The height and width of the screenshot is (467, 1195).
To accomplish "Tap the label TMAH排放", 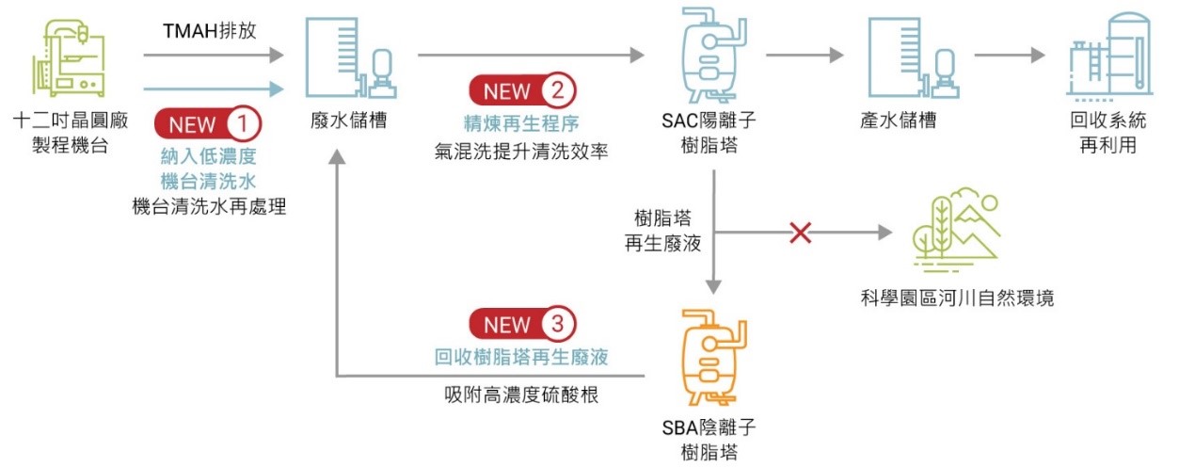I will click(211, 32).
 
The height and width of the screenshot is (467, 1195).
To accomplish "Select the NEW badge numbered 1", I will click(208, 123).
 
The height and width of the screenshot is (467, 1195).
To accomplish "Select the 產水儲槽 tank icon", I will click(908, 56).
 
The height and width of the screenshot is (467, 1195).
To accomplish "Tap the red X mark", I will click(800, 233).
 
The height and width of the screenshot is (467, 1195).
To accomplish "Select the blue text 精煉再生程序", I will click(520, 123).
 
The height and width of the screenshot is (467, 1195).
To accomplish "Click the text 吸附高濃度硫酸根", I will click(520, 394).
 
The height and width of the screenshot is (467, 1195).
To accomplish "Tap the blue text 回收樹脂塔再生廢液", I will click(520, 358).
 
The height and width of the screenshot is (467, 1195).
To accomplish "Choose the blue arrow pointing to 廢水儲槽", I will click(213, 89).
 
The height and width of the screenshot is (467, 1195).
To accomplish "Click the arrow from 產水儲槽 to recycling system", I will click(1009, 56).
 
